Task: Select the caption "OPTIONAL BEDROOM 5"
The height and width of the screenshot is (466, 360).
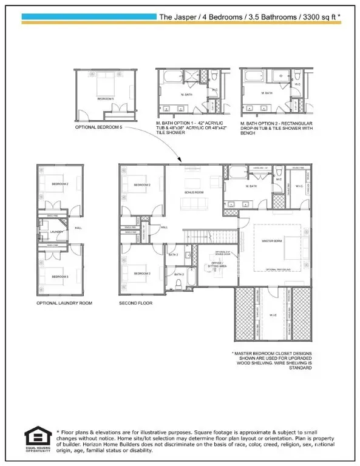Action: [x=101, y=128]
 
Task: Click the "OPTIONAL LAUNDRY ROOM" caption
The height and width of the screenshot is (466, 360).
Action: [x=64, y=302]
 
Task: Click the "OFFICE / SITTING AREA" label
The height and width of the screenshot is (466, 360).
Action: [x=220, y=264]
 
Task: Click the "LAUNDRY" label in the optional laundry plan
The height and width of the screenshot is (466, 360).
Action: [x=57, y=231]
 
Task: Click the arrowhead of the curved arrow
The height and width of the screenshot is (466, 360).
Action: [x=179, y=160]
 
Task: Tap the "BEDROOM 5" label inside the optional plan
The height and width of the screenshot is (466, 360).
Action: [x=105, y=98]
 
